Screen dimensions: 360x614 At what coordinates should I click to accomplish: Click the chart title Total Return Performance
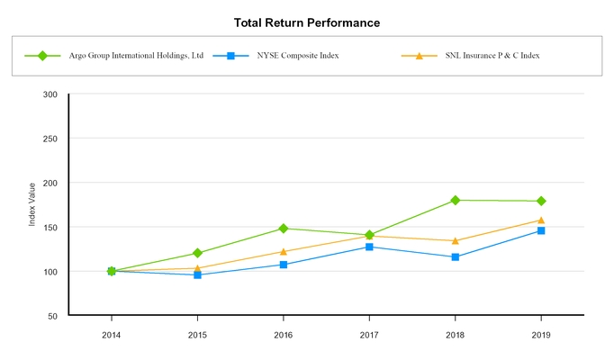coord(306,22)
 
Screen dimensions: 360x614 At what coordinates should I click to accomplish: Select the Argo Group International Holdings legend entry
coord(135,56)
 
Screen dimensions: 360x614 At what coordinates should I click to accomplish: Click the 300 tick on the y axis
coord(50,94)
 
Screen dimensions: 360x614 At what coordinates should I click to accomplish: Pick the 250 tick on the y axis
coord(50,139)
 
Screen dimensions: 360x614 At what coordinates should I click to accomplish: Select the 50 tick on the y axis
coord(52,316)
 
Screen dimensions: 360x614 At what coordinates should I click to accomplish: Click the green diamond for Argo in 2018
coord(455,200)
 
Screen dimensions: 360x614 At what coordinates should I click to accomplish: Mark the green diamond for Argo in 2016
coord(284,229)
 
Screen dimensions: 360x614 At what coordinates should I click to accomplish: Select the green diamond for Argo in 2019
coord(540,201)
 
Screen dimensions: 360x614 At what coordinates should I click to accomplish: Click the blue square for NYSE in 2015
coord(197,274)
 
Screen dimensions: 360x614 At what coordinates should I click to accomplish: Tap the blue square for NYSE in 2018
coord(455,257)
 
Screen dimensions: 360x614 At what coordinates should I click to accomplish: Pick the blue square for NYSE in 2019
coord(540,230)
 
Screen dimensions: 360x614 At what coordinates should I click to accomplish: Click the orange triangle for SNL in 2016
coord(284,251)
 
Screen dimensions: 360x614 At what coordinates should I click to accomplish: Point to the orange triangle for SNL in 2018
coord(455,240)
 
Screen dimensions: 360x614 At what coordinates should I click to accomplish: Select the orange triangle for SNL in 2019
coord(540,220)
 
